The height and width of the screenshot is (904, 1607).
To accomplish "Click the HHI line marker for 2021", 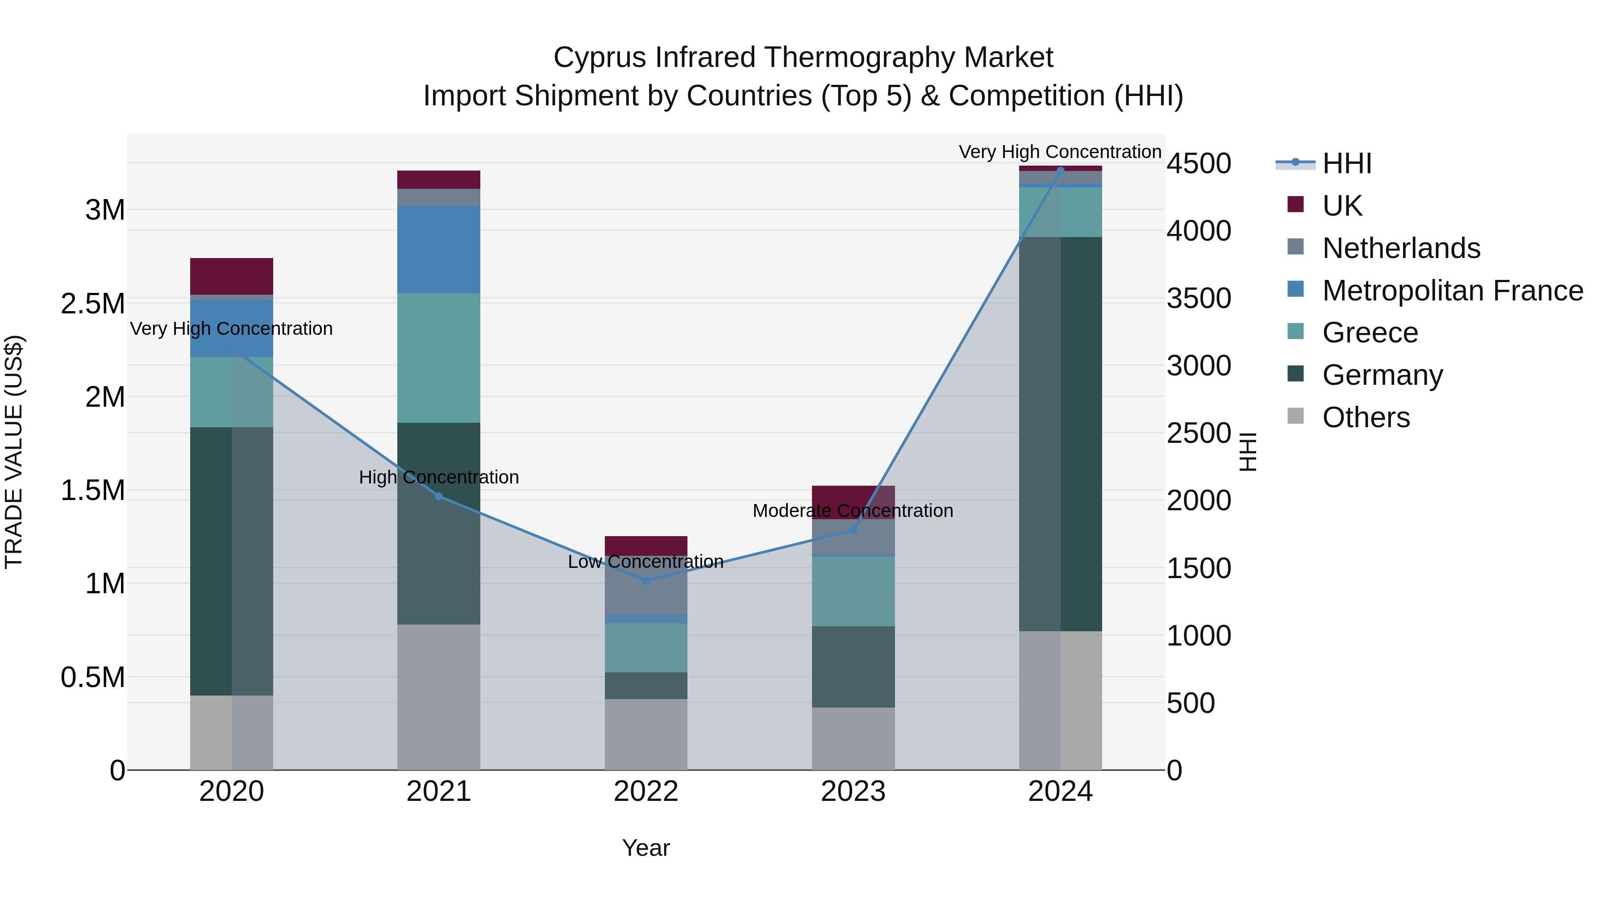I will coord(438,496).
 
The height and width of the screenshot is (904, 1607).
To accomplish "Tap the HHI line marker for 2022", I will coord(645,581).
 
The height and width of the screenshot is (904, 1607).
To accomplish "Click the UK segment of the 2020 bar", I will coord(231,276).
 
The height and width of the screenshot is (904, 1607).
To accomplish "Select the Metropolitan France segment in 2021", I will coord(438,250).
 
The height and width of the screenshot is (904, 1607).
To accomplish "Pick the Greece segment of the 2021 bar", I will coord(438,358).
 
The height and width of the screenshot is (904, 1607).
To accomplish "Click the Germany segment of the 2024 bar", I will coord(1081,433).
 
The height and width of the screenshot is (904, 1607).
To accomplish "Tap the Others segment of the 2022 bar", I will coord(645,734).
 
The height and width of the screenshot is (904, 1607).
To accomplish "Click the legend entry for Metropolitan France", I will coord(1452,291).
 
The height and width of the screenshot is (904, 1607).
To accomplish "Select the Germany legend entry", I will coord(1382,375).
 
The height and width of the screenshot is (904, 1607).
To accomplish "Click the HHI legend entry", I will coord(1346,163).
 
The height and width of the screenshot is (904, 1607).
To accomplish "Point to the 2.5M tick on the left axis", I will coord(92,304).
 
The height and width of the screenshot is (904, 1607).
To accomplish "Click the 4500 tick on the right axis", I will coord(1199,163).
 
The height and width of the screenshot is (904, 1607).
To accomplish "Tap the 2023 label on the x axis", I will coord(853,792).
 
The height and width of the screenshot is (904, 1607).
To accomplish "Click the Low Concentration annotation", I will coord(645,562).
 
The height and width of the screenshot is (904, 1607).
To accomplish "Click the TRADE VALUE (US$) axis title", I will coord(14,452).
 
